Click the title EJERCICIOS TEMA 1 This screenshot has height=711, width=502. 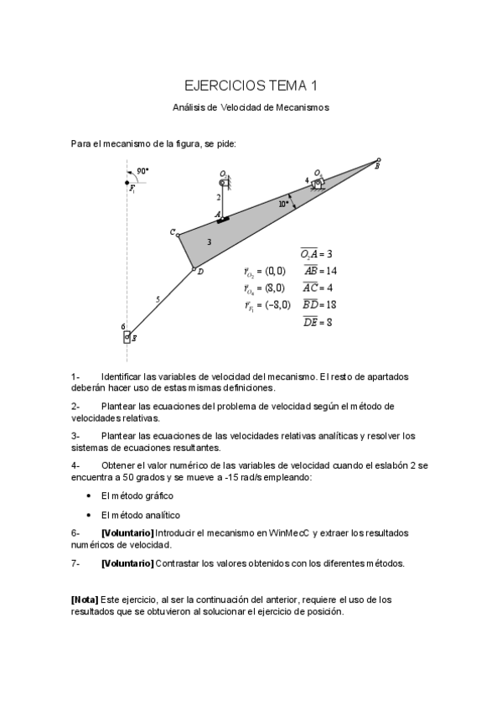point(251,86)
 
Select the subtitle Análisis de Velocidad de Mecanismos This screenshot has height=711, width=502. point(251,107)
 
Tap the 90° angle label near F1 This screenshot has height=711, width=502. point(142,170)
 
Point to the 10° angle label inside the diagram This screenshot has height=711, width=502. point(284,203)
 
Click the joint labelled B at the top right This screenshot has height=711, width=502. point(378,160)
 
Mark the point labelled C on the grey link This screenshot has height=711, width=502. point(179,234)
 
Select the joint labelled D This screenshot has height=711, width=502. point(194,269)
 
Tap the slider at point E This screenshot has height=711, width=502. point(127,337)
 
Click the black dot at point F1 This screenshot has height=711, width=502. point(127,182)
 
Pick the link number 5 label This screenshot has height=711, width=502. point(157,299)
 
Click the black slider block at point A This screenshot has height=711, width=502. point(223,219)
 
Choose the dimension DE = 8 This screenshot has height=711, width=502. point(318,322)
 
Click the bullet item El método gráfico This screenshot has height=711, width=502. point(137,496)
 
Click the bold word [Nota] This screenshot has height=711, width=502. point(85,600)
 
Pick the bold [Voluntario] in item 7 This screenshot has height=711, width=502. point(127,563)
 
